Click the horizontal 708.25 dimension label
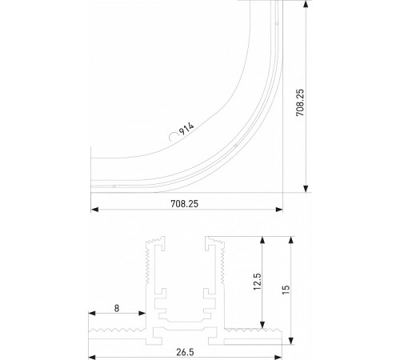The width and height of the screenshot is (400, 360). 184,204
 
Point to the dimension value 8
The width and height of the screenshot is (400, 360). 118,306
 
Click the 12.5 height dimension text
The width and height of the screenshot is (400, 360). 255,285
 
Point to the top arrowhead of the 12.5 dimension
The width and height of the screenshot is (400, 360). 262,240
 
